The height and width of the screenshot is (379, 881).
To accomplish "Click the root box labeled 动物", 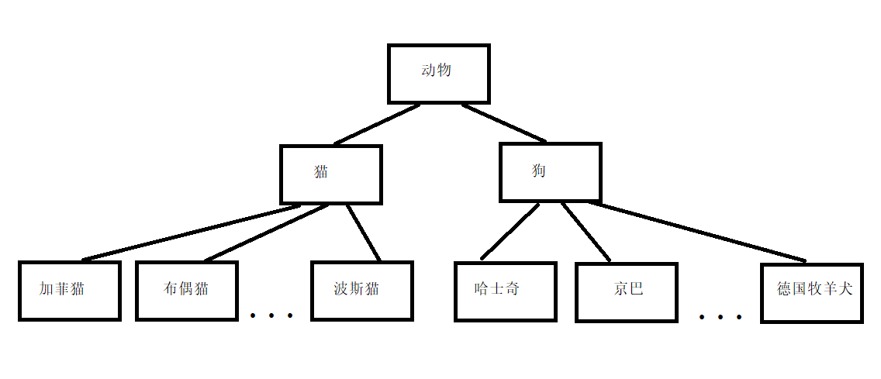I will tap(438, 73).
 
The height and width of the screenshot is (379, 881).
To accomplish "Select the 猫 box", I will tap(331, 174).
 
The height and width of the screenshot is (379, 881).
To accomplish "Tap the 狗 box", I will tap(550, 172).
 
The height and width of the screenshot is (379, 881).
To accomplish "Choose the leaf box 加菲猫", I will tap(70, 291).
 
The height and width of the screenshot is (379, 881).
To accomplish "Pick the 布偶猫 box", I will tap(187, 291).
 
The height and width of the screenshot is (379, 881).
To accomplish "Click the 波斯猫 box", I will tap(361, 291).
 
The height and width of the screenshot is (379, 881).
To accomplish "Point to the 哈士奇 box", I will tap(505, 291).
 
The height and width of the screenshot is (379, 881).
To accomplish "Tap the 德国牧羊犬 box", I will tap(812, 293).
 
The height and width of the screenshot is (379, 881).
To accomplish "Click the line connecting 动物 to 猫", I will tap(378, 124).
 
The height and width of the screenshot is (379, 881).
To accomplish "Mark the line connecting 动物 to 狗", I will tap(505, 123).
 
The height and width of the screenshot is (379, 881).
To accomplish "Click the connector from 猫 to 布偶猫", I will tap(265, 233).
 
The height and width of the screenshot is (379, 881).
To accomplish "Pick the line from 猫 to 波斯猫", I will tap(363, 232).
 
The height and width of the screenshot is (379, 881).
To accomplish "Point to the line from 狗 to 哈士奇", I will tap(510, 231).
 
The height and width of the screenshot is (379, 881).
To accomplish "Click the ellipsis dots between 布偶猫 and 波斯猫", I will tap(271, 315).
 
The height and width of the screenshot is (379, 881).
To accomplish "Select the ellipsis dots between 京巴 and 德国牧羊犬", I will tap(720, 317).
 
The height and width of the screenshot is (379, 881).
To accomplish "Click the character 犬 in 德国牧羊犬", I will tap(845, 289).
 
